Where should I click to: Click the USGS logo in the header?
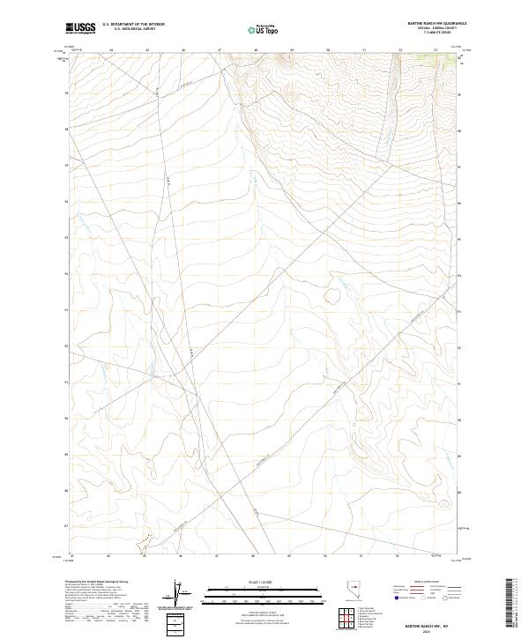tap(80, 28)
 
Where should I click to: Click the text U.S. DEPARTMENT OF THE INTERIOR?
tap(133, 25)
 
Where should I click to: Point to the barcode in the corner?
tap(512, 599)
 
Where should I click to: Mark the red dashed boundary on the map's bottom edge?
tap(148, 551)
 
